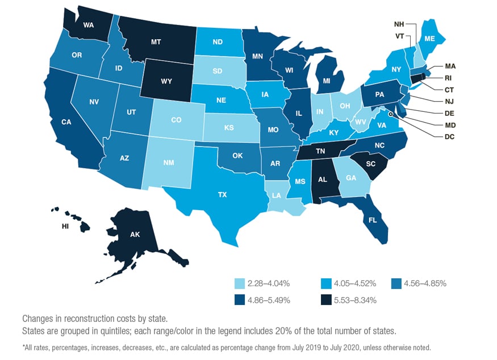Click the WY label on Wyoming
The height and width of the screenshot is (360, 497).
(x=166, y=81)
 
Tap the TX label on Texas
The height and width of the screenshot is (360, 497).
(x=222, y=194)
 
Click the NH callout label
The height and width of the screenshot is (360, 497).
(x=399, y=24)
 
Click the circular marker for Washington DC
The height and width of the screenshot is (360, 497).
(x=390, y=114)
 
